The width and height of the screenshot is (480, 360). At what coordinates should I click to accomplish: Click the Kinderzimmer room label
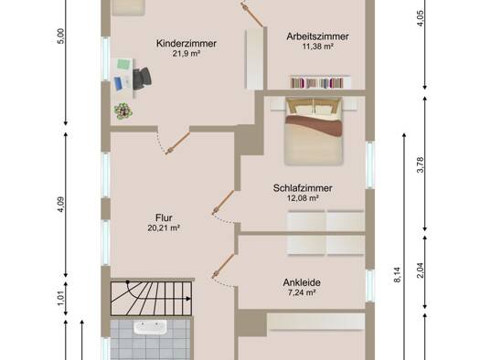[187, 44]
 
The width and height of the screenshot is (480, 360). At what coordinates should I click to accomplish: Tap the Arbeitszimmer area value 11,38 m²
[318, 47]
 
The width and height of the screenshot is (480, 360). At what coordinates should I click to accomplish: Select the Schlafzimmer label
[303, 188]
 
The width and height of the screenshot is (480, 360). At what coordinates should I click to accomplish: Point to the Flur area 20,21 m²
[164, 228]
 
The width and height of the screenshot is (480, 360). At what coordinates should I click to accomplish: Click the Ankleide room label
[302, 282]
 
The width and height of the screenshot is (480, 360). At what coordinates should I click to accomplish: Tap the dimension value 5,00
[61, 37]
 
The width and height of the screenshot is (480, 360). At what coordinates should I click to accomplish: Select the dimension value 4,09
[61, 205]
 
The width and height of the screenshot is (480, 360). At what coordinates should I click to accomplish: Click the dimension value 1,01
[61, 298]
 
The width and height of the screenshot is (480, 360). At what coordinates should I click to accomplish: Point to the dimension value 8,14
[398, 275]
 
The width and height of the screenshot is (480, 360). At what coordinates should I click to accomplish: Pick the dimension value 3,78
[421, 164]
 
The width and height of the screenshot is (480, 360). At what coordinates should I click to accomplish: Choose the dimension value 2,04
[421, 270]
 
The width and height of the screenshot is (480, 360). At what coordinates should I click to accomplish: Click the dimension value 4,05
[421, 18]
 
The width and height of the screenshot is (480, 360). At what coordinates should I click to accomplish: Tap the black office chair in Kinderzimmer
[142, 79]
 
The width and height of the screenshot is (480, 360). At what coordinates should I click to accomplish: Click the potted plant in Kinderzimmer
[123, 111]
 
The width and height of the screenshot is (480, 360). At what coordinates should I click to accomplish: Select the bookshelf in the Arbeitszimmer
[320, 82]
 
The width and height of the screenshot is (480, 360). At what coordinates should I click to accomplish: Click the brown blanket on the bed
[314, 124]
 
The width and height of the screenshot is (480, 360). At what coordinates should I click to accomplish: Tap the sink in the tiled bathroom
[150, 327]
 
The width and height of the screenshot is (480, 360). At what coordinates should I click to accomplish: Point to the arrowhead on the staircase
[188, 299]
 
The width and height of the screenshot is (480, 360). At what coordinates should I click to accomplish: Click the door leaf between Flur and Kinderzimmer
[177, 143]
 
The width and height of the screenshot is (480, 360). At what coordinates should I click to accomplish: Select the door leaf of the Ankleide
[223, 266]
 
